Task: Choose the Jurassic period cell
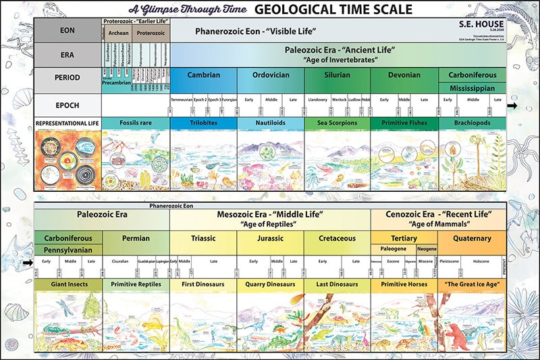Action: [269, 238]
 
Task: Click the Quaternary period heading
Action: [471, 238]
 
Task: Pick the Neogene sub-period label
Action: [422, 249]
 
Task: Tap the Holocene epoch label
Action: [480, 261]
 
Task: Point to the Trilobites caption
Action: [203, 122]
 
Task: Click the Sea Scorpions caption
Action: [337, 122]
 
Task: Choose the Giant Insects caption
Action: [67, 284]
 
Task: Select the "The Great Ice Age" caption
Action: [471, 284]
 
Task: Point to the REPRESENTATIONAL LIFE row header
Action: [67, 123]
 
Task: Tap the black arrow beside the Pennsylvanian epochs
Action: [27, 263]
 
